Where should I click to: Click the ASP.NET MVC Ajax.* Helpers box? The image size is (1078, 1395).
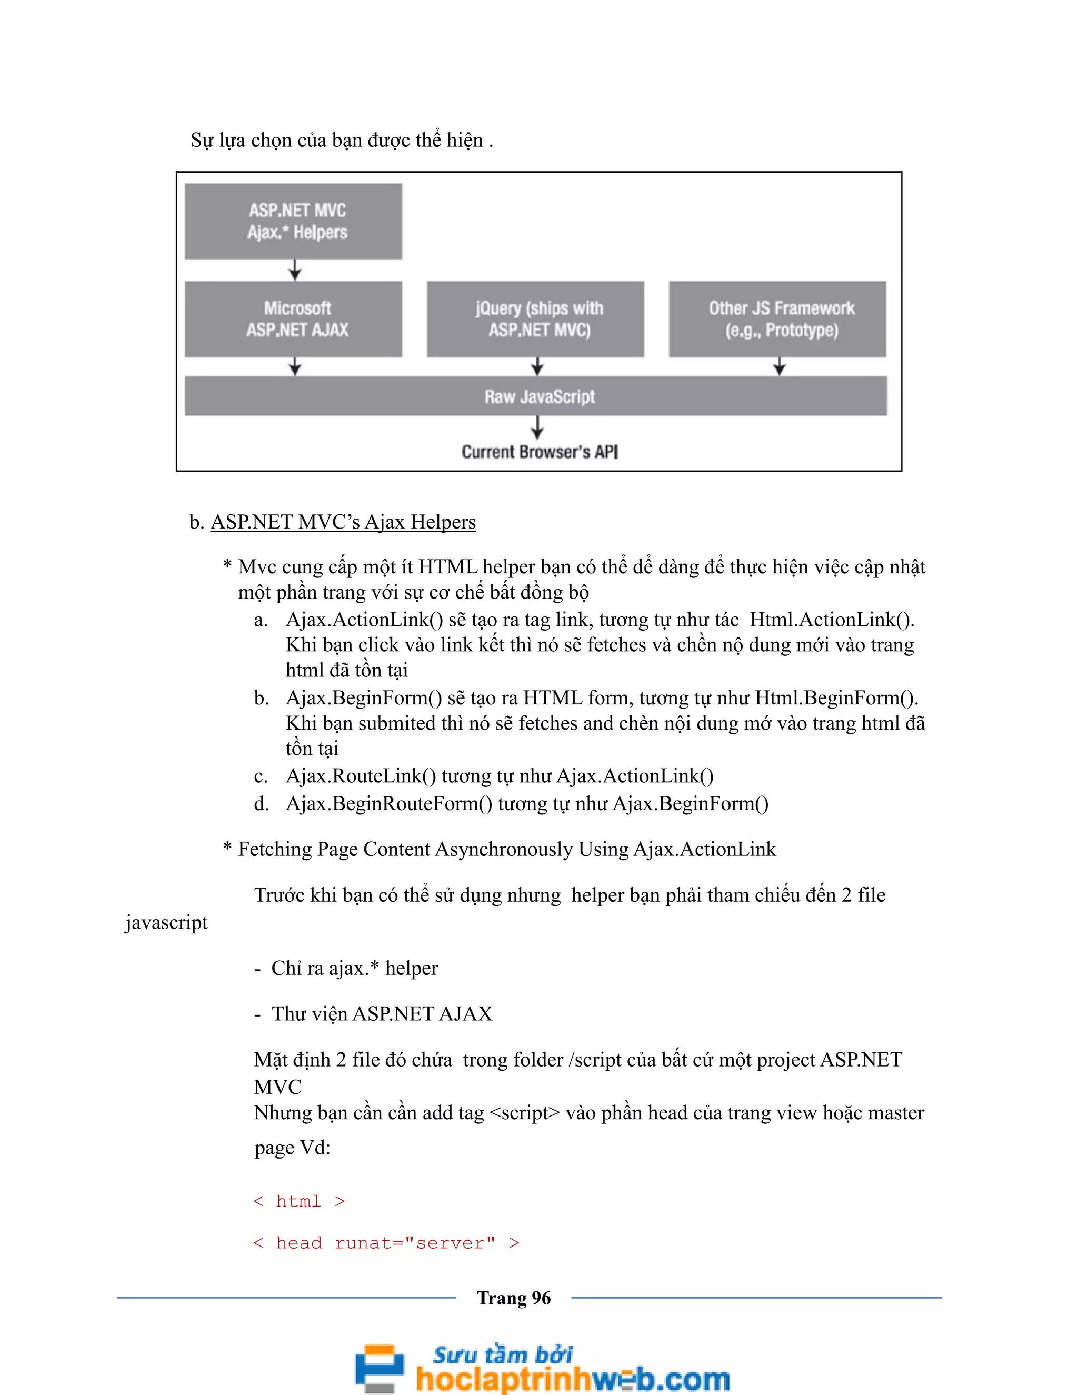pos(293,221)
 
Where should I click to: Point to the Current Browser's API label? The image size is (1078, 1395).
pos(540,452)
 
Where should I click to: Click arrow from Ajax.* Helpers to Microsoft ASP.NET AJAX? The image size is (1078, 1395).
pos(294,270)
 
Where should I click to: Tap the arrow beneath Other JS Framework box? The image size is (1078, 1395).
pos(779,366)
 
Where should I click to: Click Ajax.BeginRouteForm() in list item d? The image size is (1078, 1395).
pos(389,803)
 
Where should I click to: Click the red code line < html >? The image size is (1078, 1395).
pos(299,1201)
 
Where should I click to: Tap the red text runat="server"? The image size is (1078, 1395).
pos(415,1242)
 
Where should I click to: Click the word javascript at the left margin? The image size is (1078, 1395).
pos(166,922)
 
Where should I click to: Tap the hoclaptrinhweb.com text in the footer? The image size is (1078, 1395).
pos(572,1378)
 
